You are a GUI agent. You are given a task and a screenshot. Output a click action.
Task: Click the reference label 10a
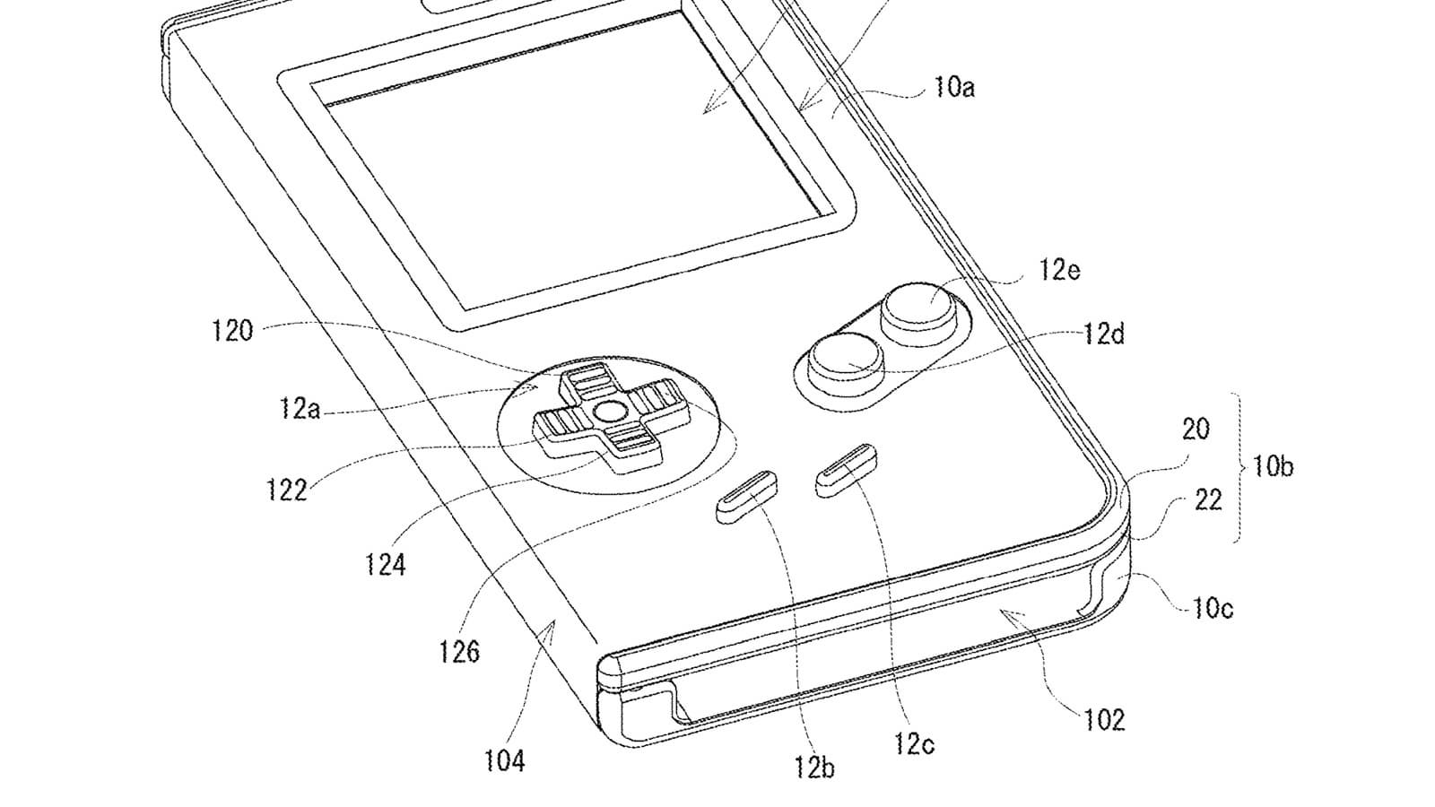coord(954,87)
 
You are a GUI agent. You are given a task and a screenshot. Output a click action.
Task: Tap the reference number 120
coord(232,331)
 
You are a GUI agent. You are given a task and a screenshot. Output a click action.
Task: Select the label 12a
coord(300,408)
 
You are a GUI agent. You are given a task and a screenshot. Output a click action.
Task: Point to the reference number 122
coord(286,490)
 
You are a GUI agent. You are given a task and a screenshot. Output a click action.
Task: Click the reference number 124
coord(385,564)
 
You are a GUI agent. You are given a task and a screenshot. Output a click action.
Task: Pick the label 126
coord(459,651)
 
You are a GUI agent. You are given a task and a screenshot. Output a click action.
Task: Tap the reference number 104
coord(505,760)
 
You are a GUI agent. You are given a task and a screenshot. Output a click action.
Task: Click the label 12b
coord(814,767)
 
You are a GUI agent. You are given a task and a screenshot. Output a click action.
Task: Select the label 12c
coord(914,743)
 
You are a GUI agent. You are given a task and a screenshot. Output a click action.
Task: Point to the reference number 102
coord(1104,720)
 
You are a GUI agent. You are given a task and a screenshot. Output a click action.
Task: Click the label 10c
coord(1213,607)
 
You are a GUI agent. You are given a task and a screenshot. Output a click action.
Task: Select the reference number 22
coord(1209,499)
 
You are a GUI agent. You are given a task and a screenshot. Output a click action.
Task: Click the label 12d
coord(1104,334)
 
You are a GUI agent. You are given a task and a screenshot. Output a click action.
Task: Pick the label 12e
coord(1059,270)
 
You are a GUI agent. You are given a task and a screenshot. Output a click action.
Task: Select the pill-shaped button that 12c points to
coord(847,470)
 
